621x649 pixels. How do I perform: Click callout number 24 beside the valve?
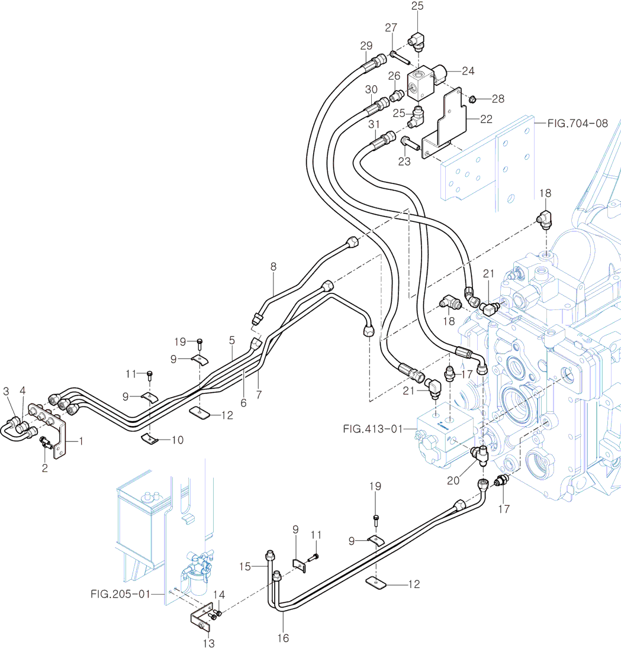[x=468, y=71]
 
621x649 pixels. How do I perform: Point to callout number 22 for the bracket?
[x=485, y=119]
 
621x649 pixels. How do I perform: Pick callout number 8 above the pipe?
[x=274, y=267]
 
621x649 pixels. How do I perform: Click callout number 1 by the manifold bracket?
[x=81, y=441]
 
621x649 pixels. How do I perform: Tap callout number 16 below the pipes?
[x=283, y=638]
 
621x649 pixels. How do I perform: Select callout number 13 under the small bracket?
[x=209, y=642]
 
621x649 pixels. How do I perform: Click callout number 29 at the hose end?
[x=366, y=46]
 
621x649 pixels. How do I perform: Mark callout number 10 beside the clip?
[x=177, y=440]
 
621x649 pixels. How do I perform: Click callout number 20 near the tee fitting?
[x=454, y=481]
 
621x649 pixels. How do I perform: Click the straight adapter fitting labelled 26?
[x=396, y=94]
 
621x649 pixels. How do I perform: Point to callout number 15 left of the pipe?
[x=246, y=566]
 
